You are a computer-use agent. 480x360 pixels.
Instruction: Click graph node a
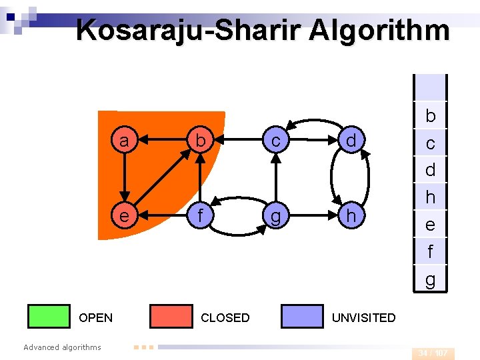[123, 141]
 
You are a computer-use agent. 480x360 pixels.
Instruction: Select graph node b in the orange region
[199, 141]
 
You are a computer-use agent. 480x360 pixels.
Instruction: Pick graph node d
[351, 141]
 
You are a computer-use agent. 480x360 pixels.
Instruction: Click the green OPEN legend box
[49, 317]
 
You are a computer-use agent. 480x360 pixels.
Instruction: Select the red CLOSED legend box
[171, 317]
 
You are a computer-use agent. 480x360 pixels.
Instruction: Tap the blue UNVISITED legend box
[302, 317]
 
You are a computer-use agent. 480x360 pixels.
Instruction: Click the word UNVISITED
[363, 318]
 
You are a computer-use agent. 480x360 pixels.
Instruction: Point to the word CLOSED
[225, 318]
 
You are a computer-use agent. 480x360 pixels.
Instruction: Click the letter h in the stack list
[430, 197]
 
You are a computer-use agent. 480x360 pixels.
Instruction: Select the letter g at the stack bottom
[430, 280]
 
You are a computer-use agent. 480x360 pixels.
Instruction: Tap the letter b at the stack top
[430, 116]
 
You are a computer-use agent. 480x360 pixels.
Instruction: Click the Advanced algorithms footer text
[62, 347]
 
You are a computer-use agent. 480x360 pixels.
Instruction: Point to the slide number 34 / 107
[433, 353]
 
